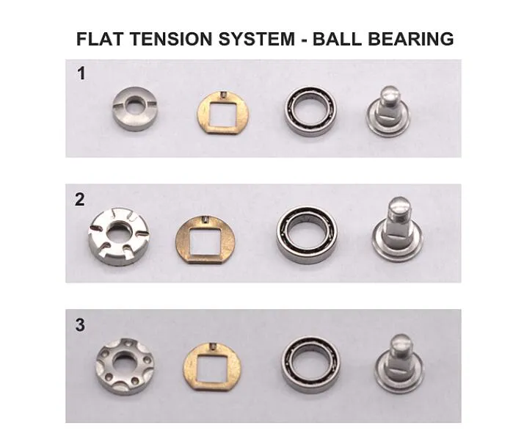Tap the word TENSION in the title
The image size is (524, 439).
(171, 39)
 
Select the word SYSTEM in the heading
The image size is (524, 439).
(257, 39)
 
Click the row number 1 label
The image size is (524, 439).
(81, 73)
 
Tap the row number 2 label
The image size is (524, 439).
(80, 200)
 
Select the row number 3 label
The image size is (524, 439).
(80, 325)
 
